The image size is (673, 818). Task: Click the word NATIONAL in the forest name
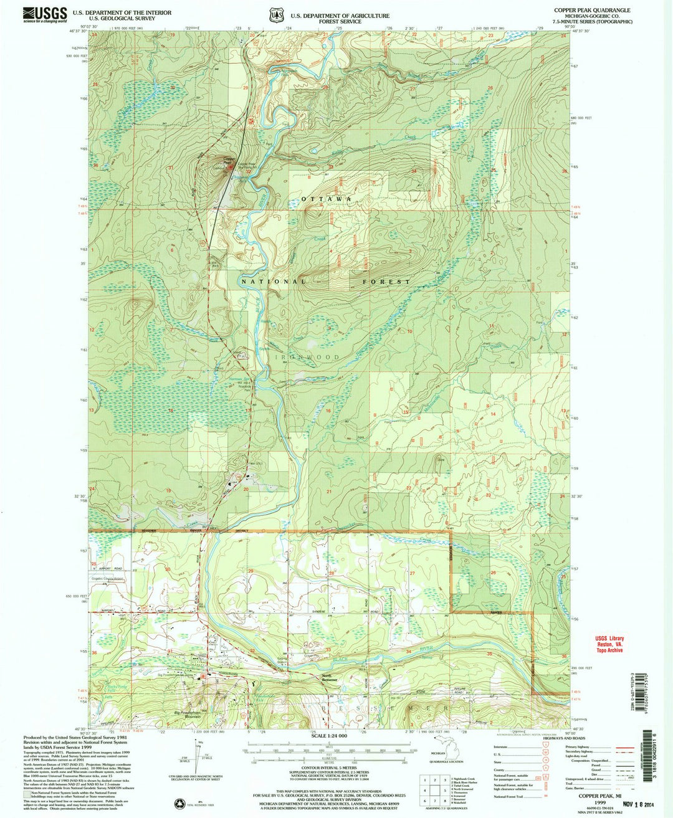[274, 282]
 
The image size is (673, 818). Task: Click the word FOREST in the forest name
[386, 282]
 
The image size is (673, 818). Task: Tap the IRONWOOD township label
[305, 358]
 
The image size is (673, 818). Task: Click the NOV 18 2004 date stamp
[608, 803]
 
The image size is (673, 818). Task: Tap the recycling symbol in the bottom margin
[183, 804]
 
